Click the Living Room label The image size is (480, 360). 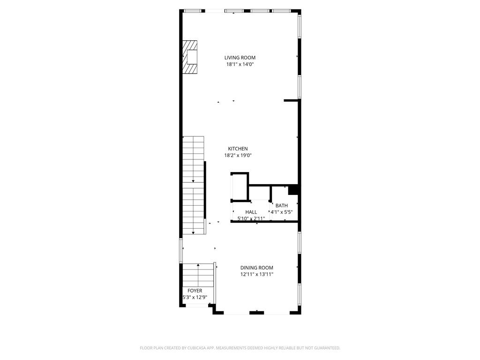[x=240, y=58]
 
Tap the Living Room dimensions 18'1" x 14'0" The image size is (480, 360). [x=240, y=64]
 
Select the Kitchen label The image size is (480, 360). [x=238, y=149]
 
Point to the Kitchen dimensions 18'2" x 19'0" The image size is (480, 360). [x=238, y=156]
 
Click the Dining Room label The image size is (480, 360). [x=256, y=268]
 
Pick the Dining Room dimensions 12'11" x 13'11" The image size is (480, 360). [x=256, y=274]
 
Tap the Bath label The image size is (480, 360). [x=282, y=206]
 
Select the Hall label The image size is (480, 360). [x=251, y=212]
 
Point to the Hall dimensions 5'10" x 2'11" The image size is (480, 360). [x=251, y=218]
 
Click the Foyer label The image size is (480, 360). [x=195, y=291]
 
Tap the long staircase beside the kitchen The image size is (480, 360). [x=194, y=186]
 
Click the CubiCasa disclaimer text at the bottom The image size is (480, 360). [x=240, y=348]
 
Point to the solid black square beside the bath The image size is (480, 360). [x=293, y=190]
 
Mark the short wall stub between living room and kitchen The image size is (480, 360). [x=291, y=100]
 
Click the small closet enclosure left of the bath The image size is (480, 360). [x=240, y=187]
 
